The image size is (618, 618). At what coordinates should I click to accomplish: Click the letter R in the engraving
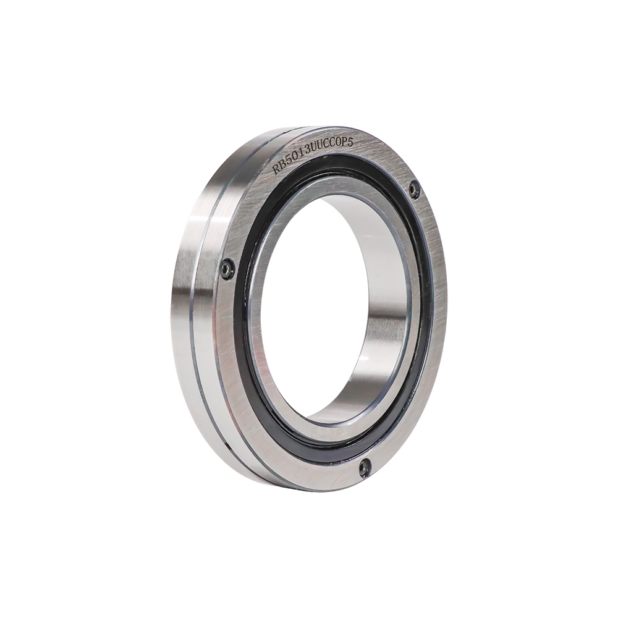pos(278,169)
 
